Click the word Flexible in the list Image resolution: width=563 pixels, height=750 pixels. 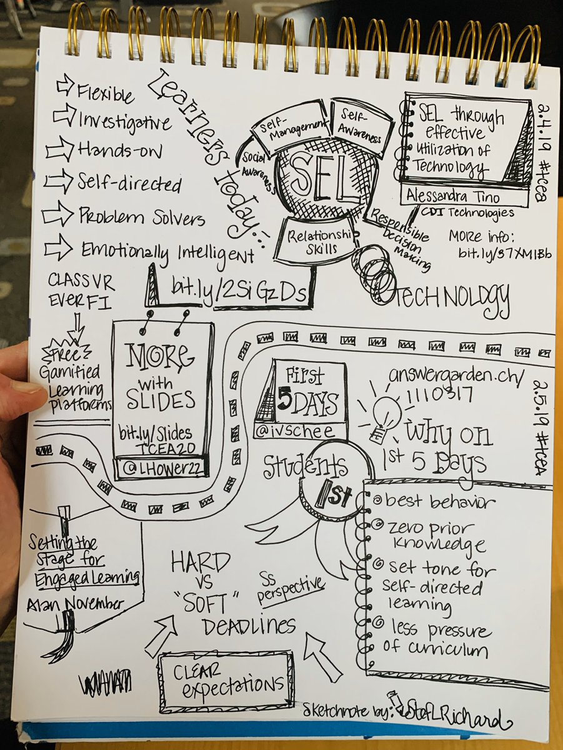[105, 94]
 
